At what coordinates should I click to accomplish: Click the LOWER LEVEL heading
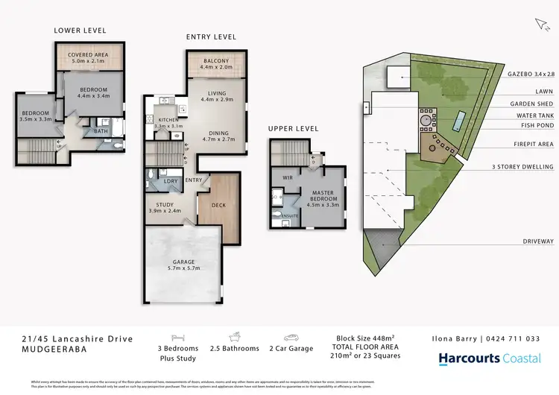pos(80,31)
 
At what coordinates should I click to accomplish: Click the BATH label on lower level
pos(101,132)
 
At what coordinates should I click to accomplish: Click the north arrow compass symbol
pos(540,25)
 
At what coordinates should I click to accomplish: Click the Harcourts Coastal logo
pos(489,358)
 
